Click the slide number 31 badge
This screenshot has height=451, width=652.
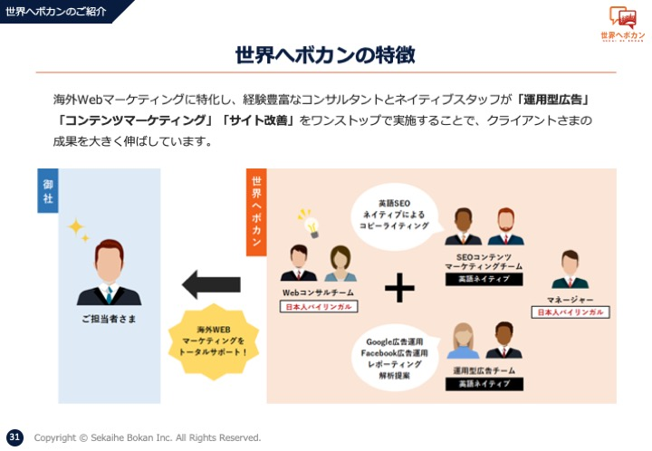coord(14,437)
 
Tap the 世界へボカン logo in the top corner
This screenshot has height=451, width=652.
coord(622,24)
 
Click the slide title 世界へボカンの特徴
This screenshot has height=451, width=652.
coord(325,54)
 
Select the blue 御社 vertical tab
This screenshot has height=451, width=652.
coord(48,191)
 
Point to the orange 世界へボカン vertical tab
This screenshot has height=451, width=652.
coord(256,212)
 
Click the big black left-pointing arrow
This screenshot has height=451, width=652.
coord(211,284)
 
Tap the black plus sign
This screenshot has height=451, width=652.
coord(399,287)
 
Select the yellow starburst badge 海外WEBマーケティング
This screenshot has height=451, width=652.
coord(214,341)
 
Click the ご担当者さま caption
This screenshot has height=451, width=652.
coord(109,319)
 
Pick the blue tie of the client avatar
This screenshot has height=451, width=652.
coord(109,294)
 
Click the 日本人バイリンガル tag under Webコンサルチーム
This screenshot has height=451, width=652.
coord(319,307)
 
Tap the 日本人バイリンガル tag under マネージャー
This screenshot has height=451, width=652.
coord(570,312)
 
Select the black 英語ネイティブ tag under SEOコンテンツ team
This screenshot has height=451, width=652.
coord(484,279)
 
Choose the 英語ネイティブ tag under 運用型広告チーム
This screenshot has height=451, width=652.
coord(484,384)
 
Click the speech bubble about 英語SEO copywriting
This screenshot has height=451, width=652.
coord(395,215)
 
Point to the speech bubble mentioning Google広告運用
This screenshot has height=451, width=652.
coord(395,359)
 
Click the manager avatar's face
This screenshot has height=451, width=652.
coord(570,264)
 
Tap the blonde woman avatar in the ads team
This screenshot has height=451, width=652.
coord(464,341)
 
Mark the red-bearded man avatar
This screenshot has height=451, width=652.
coord(505,226)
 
